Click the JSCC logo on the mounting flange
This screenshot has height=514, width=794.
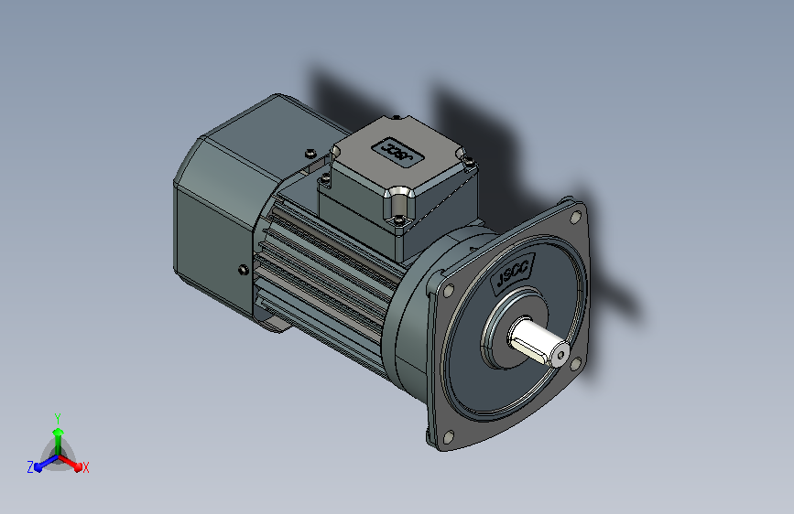(x=512, y=273)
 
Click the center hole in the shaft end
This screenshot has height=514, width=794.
(x=560, y=355)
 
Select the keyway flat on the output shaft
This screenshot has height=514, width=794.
(x=532, y=350)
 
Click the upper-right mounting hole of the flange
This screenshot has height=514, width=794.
(x=575, y=218)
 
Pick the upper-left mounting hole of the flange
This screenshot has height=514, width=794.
(x=448, y=292)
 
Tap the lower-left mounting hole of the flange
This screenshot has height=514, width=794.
(x=448, y=436)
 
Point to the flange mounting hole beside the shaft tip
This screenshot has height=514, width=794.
(x=576, y=363)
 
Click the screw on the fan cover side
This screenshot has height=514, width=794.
(x=244, y=270)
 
